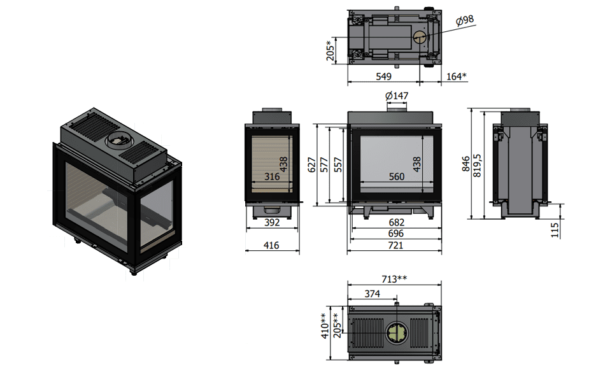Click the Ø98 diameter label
pyautogui.click(x=466, y=20)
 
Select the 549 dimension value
pyautogui.click(x=383, y=76)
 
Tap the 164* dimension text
pyautogui.click(x=456, y=76)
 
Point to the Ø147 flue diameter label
pyautogui.click(x=397, y=96)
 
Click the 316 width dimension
pyautogui.click(x=272, y=177)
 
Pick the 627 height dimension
pyautogui.click(x=312, y=164)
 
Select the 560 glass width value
pyautogui.click(x=397, y=177)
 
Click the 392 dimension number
pyautogui.click(x=272, y=223)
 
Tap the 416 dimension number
pyautogui.click(x=272, y=244)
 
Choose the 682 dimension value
pyautogui.click(x=395, y=222)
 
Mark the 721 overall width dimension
pyautogui.click(x=395, y=245)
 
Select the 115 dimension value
pyautogui.click(x=555, y=227)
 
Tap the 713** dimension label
pyautogui.click(x=394, y=278)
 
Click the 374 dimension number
pyautogui.click(x=373, y=294)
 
